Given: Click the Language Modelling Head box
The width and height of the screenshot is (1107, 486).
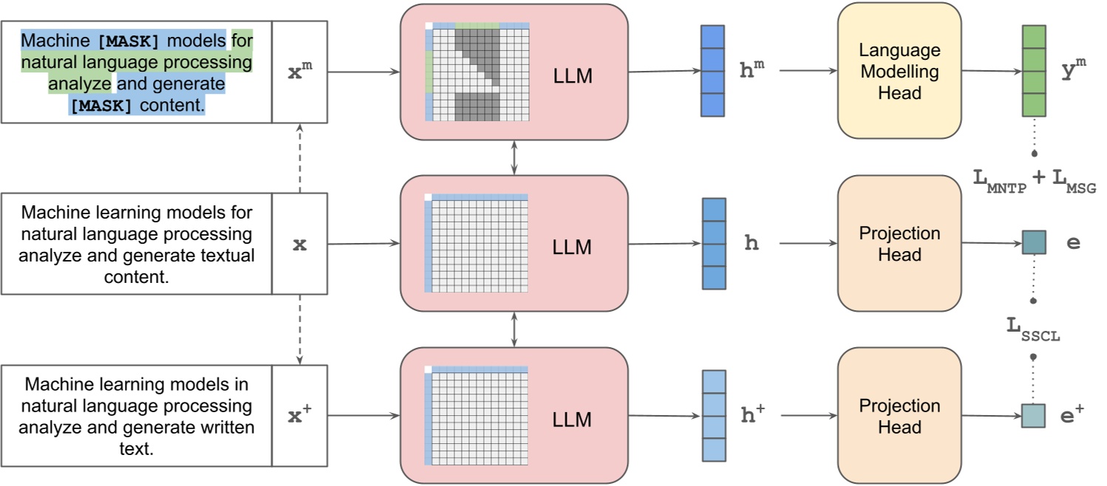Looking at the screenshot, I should click(899, 71).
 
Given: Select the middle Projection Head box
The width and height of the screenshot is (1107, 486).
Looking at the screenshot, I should click(899, 244).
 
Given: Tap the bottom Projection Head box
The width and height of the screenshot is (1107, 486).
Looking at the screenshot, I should click(899, 416).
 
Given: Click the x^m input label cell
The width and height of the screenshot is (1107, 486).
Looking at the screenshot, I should click(299, 72).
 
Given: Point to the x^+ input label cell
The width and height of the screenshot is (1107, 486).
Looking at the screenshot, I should click(299, 416).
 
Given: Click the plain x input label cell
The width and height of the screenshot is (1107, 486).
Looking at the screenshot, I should click(299, 244).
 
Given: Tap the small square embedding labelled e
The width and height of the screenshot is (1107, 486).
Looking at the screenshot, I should click(1033, 242).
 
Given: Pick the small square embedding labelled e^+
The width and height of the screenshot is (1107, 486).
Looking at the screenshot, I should click(1033, 415).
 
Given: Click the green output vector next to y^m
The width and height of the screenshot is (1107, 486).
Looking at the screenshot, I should click(1033, 71).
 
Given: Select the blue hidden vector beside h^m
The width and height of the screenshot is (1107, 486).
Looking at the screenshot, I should click(713, 71).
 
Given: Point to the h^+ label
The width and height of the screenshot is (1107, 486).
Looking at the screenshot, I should click(752, 415).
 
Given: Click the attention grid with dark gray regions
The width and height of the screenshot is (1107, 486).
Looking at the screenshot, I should click(477, 72).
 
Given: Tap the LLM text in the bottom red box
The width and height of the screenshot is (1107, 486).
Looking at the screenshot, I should click(572, 420).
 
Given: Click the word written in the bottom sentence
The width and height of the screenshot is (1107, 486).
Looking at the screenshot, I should click(230, 428).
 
